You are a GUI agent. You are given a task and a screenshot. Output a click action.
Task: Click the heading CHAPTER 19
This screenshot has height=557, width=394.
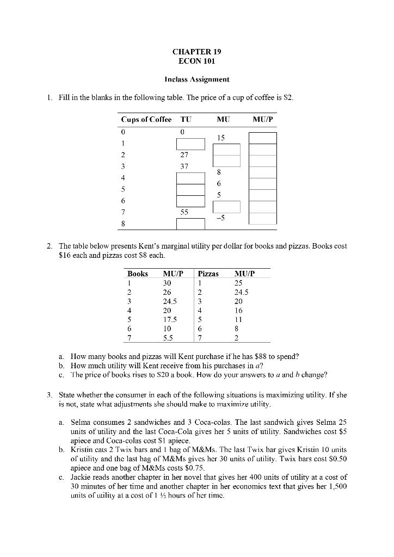[x=196, y=52]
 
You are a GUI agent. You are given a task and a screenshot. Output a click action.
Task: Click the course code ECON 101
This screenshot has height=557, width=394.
[x=196, y=61]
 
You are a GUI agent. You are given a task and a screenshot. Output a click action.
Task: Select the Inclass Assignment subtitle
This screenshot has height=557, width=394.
[x=196, y=79]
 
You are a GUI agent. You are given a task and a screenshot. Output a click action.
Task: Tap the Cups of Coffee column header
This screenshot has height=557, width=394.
[x=146, y=120]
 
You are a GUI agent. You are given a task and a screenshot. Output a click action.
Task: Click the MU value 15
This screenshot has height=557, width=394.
[x=220, y=138]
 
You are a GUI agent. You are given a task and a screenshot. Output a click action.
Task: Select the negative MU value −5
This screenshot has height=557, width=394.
[x=220, y=218]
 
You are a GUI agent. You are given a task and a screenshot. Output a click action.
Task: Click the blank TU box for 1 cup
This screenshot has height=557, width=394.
[x=190, y=144]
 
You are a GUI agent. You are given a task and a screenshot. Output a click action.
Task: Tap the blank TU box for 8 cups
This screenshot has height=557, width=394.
[x=190, y=224]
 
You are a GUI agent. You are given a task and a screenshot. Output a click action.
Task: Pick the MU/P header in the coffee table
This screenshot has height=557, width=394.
[x=263, y=120]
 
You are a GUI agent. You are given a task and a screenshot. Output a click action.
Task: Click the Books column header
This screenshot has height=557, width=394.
[x=138, y=274]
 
